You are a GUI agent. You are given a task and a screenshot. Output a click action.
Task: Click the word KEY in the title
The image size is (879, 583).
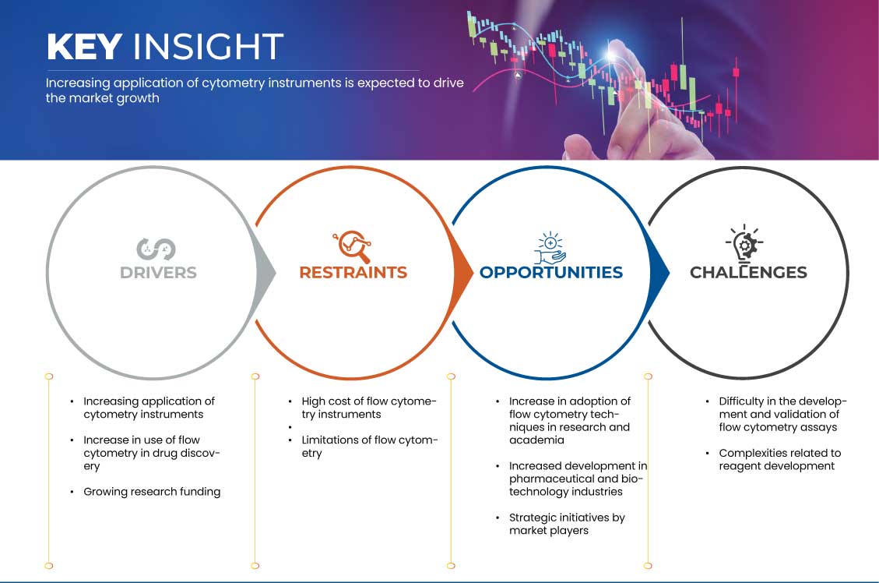[x=84, y=47]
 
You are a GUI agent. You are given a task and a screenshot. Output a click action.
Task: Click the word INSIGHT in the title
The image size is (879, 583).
[x=208, y=47]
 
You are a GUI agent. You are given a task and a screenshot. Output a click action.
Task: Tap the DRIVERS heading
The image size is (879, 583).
[x=158, y=273]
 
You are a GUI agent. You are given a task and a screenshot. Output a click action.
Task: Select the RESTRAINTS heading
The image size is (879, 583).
[x=353, y=273]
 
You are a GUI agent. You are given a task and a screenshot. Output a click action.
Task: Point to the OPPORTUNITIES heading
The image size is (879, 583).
[x=551, y=273]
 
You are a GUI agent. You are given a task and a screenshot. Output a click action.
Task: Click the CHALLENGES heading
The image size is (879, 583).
[x=748, y=273]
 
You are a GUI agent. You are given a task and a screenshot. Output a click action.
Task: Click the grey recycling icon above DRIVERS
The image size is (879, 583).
[x=156, y=249]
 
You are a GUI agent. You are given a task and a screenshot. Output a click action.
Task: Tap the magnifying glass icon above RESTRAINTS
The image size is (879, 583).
[x=353, y=246]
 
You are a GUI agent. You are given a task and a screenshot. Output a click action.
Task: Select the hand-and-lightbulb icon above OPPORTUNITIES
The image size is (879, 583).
[x=550, y=247]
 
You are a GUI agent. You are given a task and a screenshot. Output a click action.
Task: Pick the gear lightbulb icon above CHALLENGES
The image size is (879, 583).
[x=744, y=244]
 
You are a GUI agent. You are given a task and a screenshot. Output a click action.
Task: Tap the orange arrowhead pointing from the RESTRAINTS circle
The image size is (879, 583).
[x=462, y=274]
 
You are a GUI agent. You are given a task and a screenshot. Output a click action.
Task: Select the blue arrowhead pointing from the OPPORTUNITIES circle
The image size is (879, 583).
[x=659, y=274]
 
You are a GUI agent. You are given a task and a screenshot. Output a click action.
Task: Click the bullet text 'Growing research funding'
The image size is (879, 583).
[x=152, y=492]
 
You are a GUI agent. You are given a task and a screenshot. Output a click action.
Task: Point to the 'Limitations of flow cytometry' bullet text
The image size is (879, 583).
[x=369, y=447]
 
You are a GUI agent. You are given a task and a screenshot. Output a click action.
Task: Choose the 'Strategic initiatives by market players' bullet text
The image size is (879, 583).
[x=567, y=524]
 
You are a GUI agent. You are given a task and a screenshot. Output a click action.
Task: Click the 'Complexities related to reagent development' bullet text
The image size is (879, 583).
[x=780, y=460]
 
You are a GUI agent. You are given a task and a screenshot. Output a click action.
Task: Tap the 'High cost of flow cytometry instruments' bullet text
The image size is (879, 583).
[x=369, y=408]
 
